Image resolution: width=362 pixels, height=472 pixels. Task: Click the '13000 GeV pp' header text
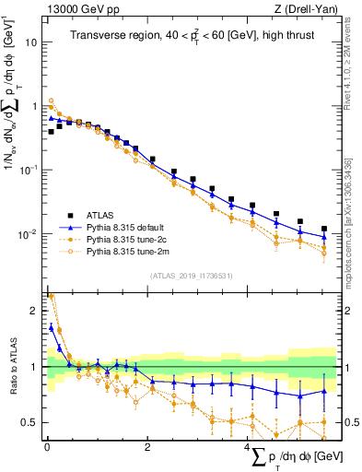(x=77, y=9)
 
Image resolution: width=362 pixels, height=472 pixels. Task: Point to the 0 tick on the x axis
(x=47, y=449)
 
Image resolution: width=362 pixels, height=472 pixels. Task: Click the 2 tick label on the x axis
(x=147, y=449)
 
